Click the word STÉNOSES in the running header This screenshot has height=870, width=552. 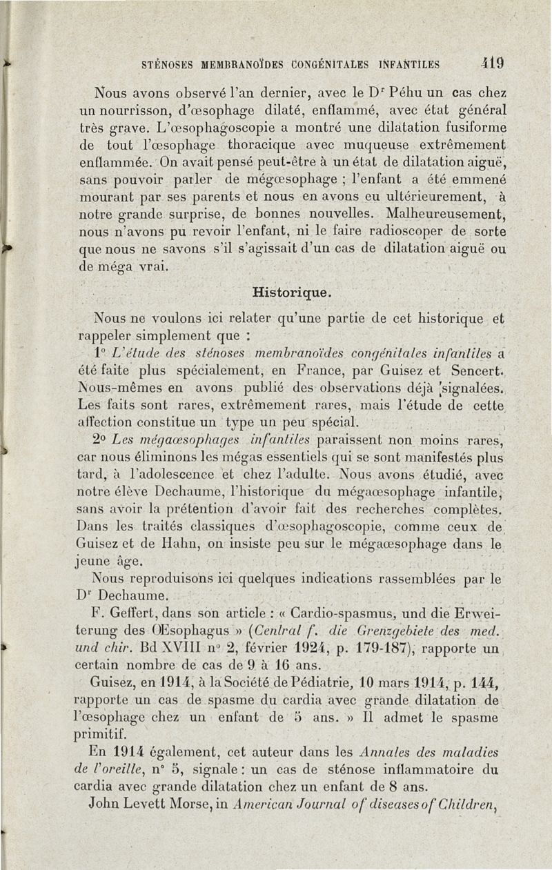coord(168,66)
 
